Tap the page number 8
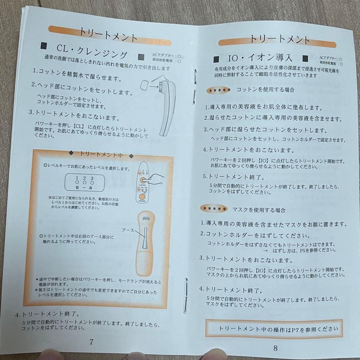tap(275, 348)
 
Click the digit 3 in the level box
tap(92, 178)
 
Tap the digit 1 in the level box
tap(76, 178)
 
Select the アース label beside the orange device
tap(128, 230)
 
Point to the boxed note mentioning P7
tap(274, 329)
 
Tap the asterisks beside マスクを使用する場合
tap(214, 209)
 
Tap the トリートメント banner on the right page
tap(280, 40)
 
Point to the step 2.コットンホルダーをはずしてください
tap(254, 235)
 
